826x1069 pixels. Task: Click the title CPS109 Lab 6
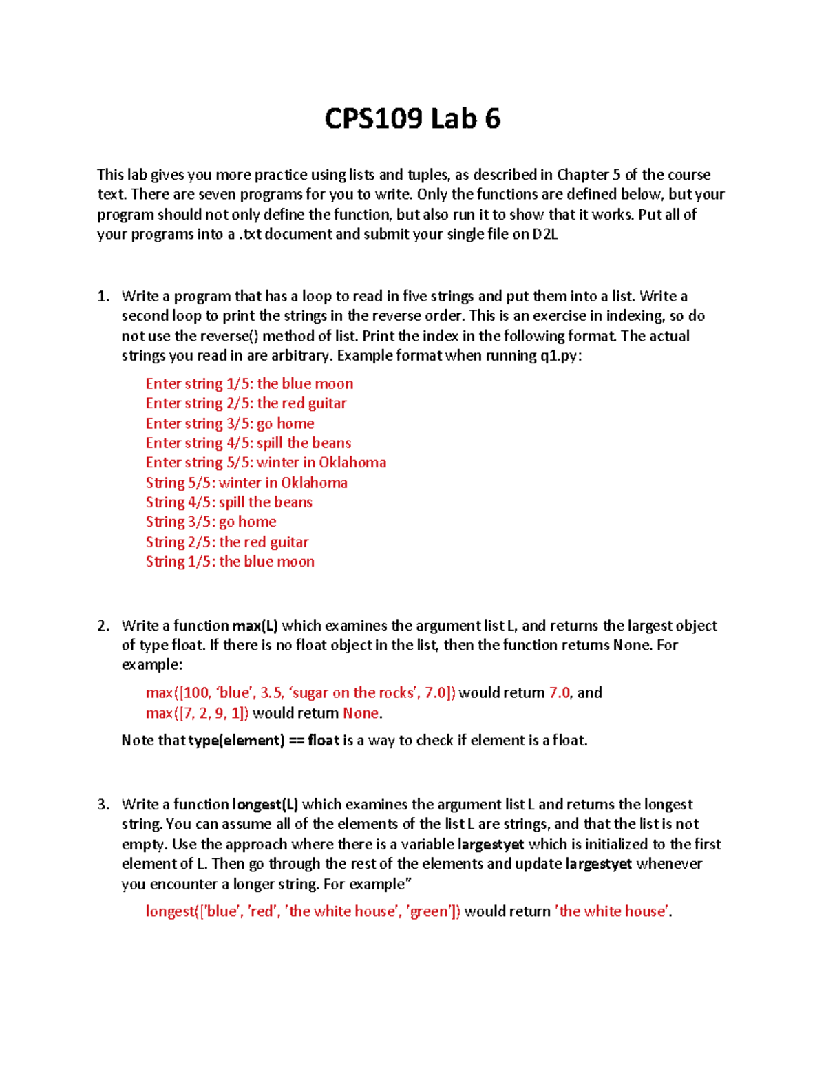[x=412, y=119]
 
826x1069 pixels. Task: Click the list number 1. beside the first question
[x=103, y=297]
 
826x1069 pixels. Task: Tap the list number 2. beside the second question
[x=103, y=626]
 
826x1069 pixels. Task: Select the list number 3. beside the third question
[x=103, y=805]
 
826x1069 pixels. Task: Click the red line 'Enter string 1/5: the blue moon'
[x=249, y=384]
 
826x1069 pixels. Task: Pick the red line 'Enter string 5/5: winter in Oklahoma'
[x=266, y=463]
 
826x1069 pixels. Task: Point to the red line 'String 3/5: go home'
[x=211, y=522]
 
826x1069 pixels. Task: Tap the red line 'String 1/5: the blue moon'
[x=230, y=562]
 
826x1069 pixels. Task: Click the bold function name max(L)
[x=255, y=626]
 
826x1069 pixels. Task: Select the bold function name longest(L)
[x=265, y=805]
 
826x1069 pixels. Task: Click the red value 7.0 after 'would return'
[x=560, y=693]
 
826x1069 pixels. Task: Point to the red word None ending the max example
[x=361, y=713]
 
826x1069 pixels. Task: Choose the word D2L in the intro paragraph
[x=544, y=235]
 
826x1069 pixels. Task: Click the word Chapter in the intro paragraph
[x=583, y=175]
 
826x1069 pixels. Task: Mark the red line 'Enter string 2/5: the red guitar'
[x=246, y=403]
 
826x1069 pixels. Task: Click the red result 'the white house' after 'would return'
[x=613, y=912]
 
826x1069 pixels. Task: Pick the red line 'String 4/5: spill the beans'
[x=229, y=502]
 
